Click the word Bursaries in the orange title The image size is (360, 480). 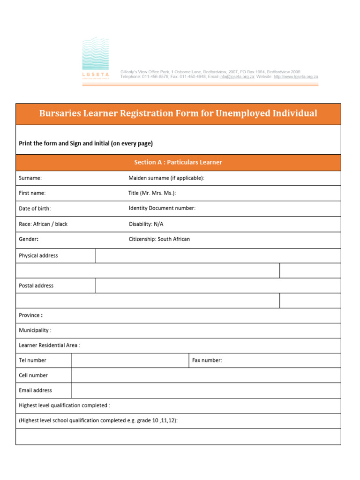coord(59,113)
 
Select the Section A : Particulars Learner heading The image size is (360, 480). coord(178,162)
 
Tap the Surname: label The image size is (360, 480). coord(30,178)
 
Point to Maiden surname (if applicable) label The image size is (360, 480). coord(166,178)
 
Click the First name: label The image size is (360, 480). coord(32,193)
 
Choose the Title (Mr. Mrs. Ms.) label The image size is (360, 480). coord(152,193)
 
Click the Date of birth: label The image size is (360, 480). coord(35,209)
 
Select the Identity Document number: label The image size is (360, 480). coord(162,208)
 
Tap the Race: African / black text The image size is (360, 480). coord(43,224)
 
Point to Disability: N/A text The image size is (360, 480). coord(146,224)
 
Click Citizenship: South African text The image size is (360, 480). coord(159,239)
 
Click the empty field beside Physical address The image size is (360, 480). coord(218,256)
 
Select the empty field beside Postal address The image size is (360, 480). coord(218,285)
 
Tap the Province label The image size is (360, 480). coord(31,315)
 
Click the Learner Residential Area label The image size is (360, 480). coord(49,345)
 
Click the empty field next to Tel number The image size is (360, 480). coord(130,360)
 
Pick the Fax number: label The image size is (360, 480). coord(207,360)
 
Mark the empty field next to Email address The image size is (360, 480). coord(206,390)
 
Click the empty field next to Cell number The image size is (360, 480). coord(206,375)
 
